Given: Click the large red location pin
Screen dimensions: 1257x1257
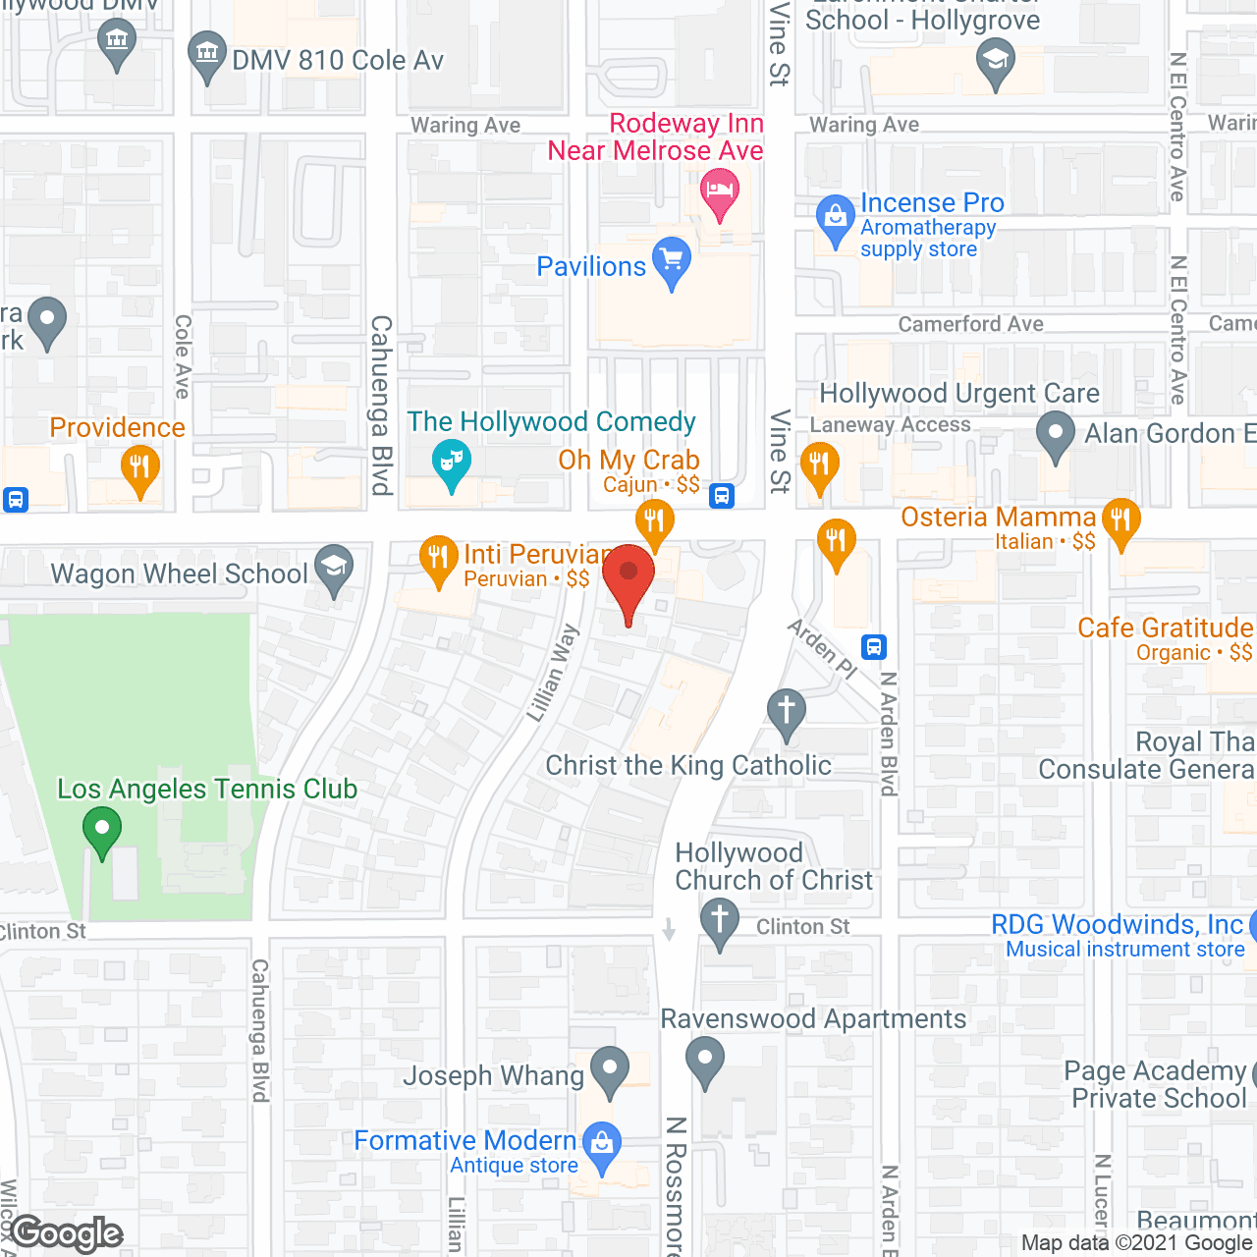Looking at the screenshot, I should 628,578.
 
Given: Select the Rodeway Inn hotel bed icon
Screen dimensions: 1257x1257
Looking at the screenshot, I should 720,191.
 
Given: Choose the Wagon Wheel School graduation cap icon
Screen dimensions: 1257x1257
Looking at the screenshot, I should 334,569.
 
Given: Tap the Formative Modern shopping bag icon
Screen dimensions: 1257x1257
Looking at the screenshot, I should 602,1143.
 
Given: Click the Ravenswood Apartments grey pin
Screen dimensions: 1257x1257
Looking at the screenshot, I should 705,1061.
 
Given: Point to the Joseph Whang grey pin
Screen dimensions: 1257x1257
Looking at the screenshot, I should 610,1069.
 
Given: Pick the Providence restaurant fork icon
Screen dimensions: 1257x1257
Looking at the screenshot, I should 140,467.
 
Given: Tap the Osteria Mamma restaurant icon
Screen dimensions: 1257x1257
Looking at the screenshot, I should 1120,519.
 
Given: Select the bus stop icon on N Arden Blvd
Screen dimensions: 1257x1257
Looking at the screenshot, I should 874,646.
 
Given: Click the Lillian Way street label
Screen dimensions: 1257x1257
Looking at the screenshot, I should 552,674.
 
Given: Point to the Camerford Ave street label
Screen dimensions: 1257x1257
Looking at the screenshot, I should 970,324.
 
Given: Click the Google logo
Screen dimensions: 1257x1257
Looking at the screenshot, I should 67,1233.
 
